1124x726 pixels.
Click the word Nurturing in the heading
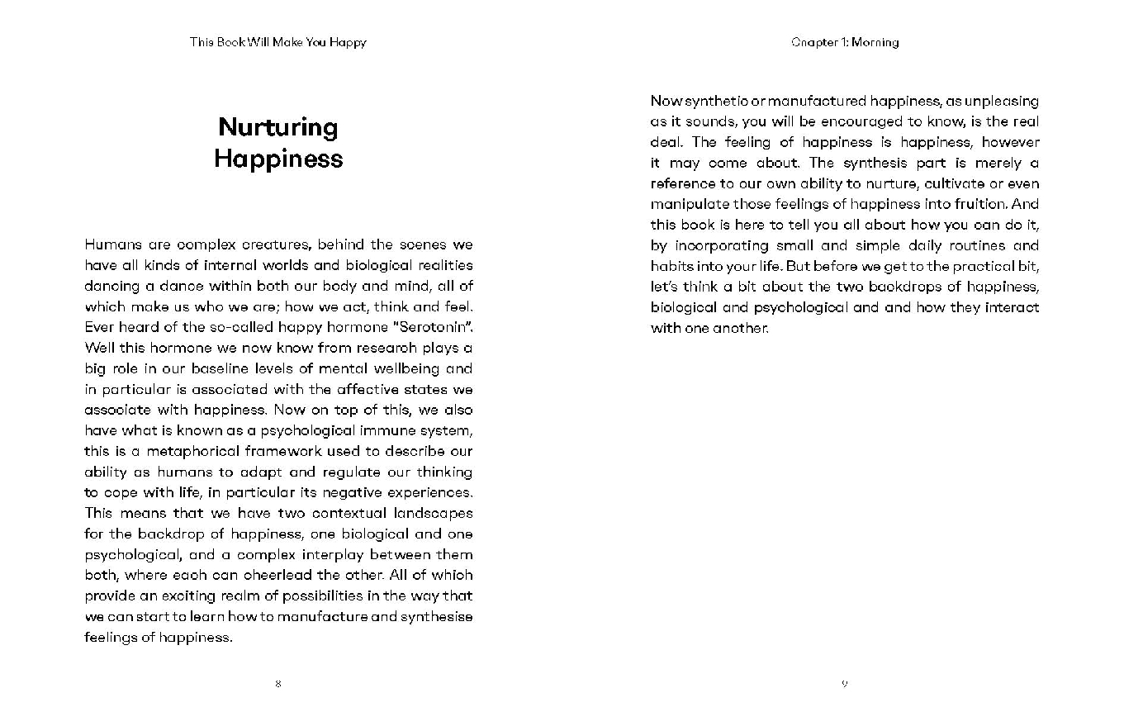tap(278, 127)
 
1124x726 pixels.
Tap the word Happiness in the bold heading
tap(278, 159)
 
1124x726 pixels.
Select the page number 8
tap(278, 684)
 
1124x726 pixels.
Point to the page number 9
tap(844, 684)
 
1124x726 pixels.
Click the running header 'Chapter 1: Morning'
tap(844, 42)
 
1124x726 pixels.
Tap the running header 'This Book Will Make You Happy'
tap(277, 42)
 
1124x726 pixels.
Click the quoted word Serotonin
tap(424, 327)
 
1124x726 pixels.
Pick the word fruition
tap(975, 204)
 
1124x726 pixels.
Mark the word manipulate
tap(690, 204)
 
